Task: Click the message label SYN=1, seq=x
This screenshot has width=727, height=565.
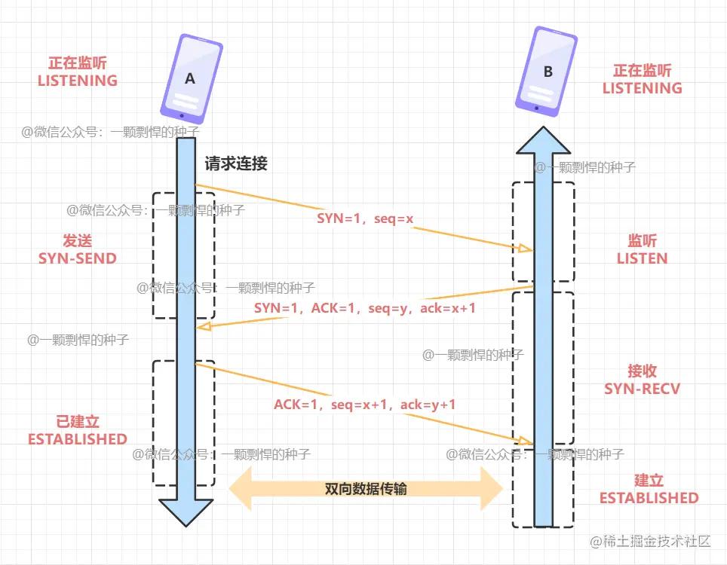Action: click(x=365, y=218)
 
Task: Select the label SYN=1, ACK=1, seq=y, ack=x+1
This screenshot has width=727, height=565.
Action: click(x=365, y=308)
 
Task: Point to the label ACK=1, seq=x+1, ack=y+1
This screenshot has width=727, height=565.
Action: click(x=365, y=405)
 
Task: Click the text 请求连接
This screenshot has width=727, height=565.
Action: click(x=236, y=163)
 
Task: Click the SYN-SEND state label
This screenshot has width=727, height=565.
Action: click(x=78, y=258)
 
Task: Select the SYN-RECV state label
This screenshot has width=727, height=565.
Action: click(x=642, y=389)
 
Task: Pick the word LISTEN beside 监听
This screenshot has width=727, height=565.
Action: click(x=642, y=258)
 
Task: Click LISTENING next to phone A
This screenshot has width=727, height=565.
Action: click(x=78, y=81)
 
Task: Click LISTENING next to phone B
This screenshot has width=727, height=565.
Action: click(x=642, y=88)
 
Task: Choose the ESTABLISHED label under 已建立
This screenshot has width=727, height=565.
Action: click(x=78, y=439)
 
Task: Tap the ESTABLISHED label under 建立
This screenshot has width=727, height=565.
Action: click(x=649, y=498)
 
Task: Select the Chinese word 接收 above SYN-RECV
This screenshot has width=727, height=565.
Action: click(x=642, y=371)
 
